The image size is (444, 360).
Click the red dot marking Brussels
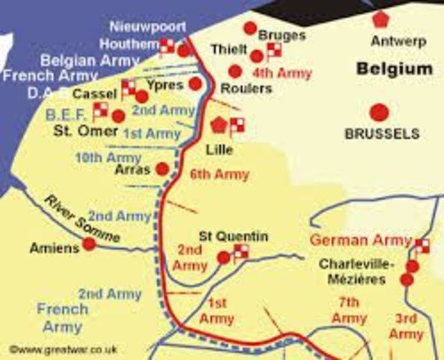click(x=379, y=112)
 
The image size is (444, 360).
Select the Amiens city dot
click(x=89, y=243)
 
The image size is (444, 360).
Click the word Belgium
click(x=394, y=69)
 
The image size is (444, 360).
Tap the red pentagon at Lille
click(x=220, y=124)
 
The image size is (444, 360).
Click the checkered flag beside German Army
click(x=421, y=245)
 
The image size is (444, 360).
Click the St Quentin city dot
click(x=223, y=258)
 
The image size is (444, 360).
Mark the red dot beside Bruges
click(x=250, y=28)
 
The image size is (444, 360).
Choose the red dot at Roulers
click(x=235, y=71)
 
